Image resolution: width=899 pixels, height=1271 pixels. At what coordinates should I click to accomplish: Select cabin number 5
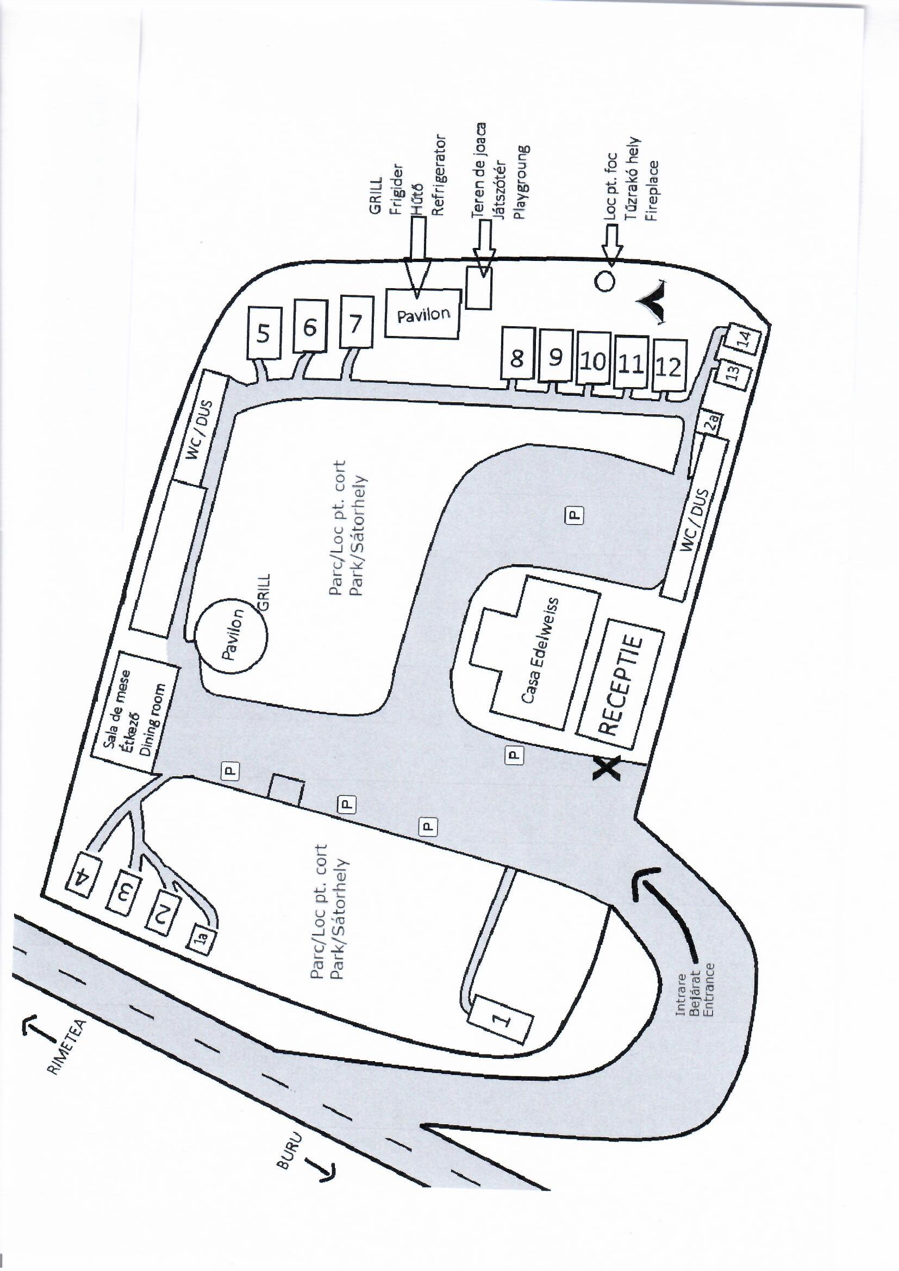(264, 333)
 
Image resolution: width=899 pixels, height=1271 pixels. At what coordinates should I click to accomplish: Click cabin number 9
(555, 357)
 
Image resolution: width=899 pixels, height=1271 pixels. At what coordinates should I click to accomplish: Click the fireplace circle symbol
(605, 281)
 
